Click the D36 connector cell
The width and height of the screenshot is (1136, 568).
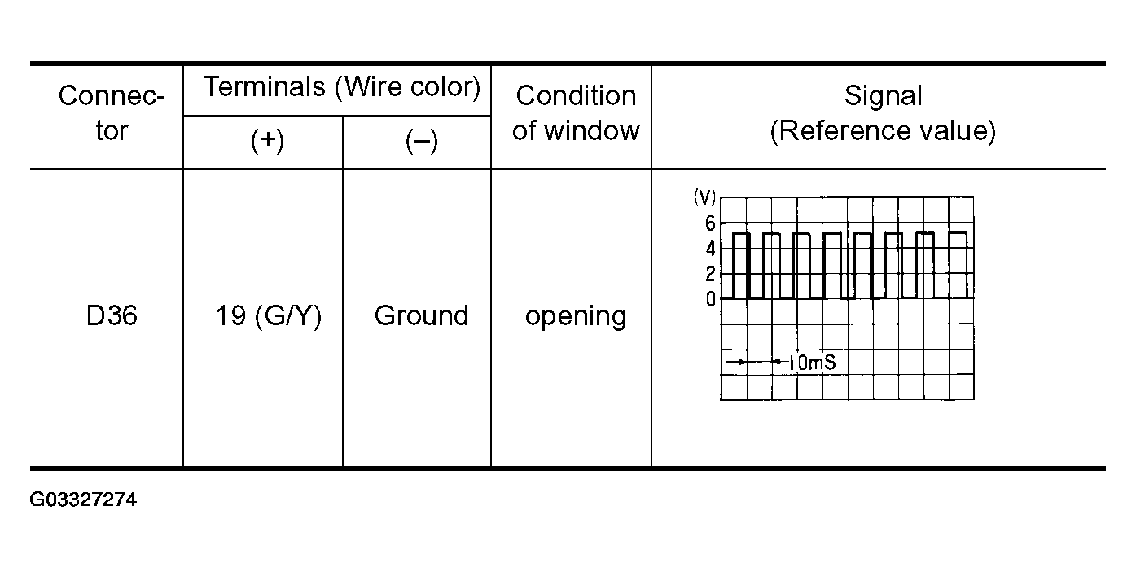(112, 316)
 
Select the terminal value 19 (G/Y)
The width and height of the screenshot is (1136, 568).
(269, 316)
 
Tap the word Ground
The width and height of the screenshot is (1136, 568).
(421, 316)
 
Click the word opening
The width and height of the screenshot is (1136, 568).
(576, 316)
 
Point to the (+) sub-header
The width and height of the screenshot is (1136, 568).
(266, 142)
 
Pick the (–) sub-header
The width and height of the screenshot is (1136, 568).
(421, 142)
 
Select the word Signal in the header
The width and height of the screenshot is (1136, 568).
(883, 96)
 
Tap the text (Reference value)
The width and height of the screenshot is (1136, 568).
(883, 130)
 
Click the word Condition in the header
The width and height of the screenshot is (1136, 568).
(576, 96)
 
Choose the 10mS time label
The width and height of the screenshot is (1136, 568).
(811, 363)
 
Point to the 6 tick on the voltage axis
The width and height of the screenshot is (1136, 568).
(710, 223)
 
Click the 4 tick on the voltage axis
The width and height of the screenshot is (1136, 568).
(710, 249)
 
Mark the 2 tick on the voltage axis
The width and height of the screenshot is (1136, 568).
(710, 274)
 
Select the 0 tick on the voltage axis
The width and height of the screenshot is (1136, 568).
(710, 299)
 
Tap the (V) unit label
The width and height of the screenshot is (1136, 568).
(704, 198)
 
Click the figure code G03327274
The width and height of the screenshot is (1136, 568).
(83, 500)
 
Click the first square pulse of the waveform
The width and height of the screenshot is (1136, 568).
(741, 265)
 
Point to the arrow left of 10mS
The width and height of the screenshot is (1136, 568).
(735, 361)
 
